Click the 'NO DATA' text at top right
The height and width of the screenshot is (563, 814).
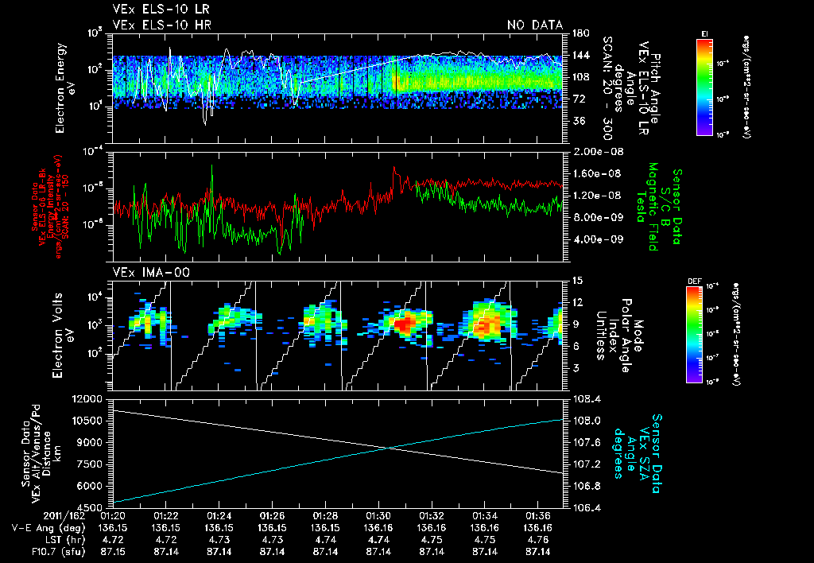coord(534,25)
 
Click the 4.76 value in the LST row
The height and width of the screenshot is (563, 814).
coord(537,539)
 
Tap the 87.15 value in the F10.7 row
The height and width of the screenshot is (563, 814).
coord(112,551)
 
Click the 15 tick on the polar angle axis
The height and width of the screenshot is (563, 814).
coord(576,281)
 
